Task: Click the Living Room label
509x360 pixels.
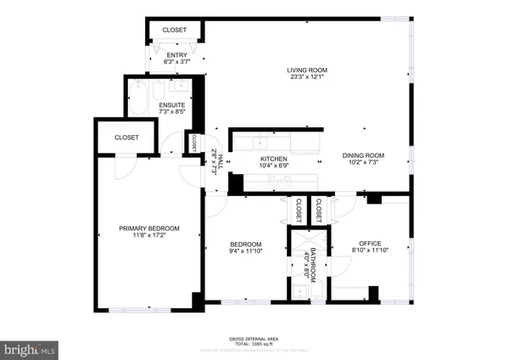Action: [x=307, y=70]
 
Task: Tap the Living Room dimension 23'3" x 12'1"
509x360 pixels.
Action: [x=307, y=78]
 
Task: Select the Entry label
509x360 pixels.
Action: [x=176, y=55]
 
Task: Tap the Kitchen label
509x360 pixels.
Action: [x=273, y=159]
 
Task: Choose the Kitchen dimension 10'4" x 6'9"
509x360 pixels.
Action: [x=273, y=166]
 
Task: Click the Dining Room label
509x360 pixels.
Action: [x=363, y=155]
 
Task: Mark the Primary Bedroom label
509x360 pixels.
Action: [x=149, y=228]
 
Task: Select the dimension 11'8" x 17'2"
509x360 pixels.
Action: [x=149, y=235]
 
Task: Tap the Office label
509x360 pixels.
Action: [x=371, y=242]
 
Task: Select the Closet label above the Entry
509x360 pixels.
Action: [x=176, y=30]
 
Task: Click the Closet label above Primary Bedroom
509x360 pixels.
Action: [x=126, y=137]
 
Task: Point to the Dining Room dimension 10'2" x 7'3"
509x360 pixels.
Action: [x=363, y=163]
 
